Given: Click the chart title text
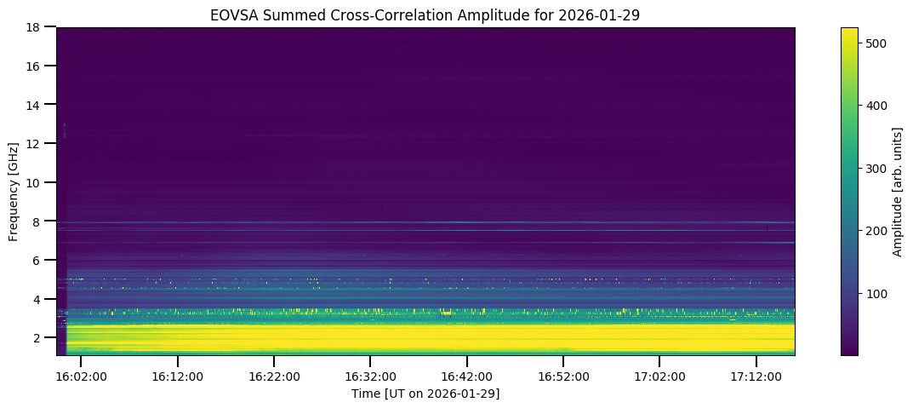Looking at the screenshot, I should (425, 14).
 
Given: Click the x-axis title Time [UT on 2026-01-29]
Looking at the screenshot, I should (425, 394).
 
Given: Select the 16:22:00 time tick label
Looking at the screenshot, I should (274, 375).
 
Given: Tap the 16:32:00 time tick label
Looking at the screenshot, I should (370, 375).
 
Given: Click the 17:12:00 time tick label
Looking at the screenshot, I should (756, 375).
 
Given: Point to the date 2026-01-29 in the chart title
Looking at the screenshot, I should (607, 14).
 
